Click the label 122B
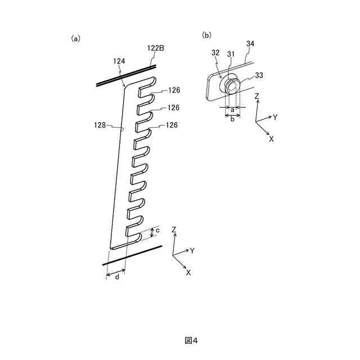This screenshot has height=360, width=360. click(x=156, y=49)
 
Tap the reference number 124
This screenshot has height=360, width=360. click(x=119, y=61)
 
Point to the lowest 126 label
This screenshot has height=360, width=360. click(x=172, y=125)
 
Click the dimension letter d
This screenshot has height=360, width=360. click(x=117, y=277)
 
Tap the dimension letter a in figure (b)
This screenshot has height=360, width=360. click(x=232, y=110)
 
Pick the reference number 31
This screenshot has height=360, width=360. click(x=231, y=54)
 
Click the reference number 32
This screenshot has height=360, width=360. click(x=215, y=52)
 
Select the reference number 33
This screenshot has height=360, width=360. click(x=259, y=75)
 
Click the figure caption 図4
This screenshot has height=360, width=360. click(x=191, y=340)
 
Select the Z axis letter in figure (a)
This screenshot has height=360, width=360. click(x=174, y=229)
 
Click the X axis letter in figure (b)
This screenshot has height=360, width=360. click(x=271, y=138)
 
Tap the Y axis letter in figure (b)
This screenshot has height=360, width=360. click(x=276, y=118)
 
